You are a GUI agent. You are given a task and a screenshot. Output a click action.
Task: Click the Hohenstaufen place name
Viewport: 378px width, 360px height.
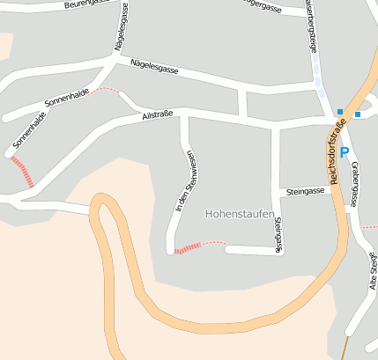[x=239, y=213]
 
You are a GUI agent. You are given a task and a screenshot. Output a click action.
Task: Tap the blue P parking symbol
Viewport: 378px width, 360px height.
[x=345, y=127]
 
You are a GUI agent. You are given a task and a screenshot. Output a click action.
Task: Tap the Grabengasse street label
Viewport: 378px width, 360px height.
[x=354, y=184]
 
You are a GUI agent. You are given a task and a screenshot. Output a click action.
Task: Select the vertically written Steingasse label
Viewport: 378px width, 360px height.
[x=278, y=234]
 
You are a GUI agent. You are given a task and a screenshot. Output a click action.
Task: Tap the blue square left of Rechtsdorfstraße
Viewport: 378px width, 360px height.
[x=339, y=111]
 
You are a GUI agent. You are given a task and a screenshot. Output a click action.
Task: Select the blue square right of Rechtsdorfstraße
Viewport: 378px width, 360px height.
[x=358, y=114]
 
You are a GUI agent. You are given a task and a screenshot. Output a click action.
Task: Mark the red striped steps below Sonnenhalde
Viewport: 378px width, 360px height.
[x=23, y=171]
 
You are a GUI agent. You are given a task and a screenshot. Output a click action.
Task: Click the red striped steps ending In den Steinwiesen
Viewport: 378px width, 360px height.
[x=187, y=250]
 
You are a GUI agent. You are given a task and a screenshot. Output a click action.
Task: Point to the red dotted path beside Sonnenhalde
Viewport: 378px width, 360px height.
[x=106, y=89]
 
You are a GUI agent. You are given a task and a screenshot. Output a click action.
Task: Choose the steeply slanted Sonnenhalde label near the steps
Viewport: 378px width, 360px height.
[x=30, y=129]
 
